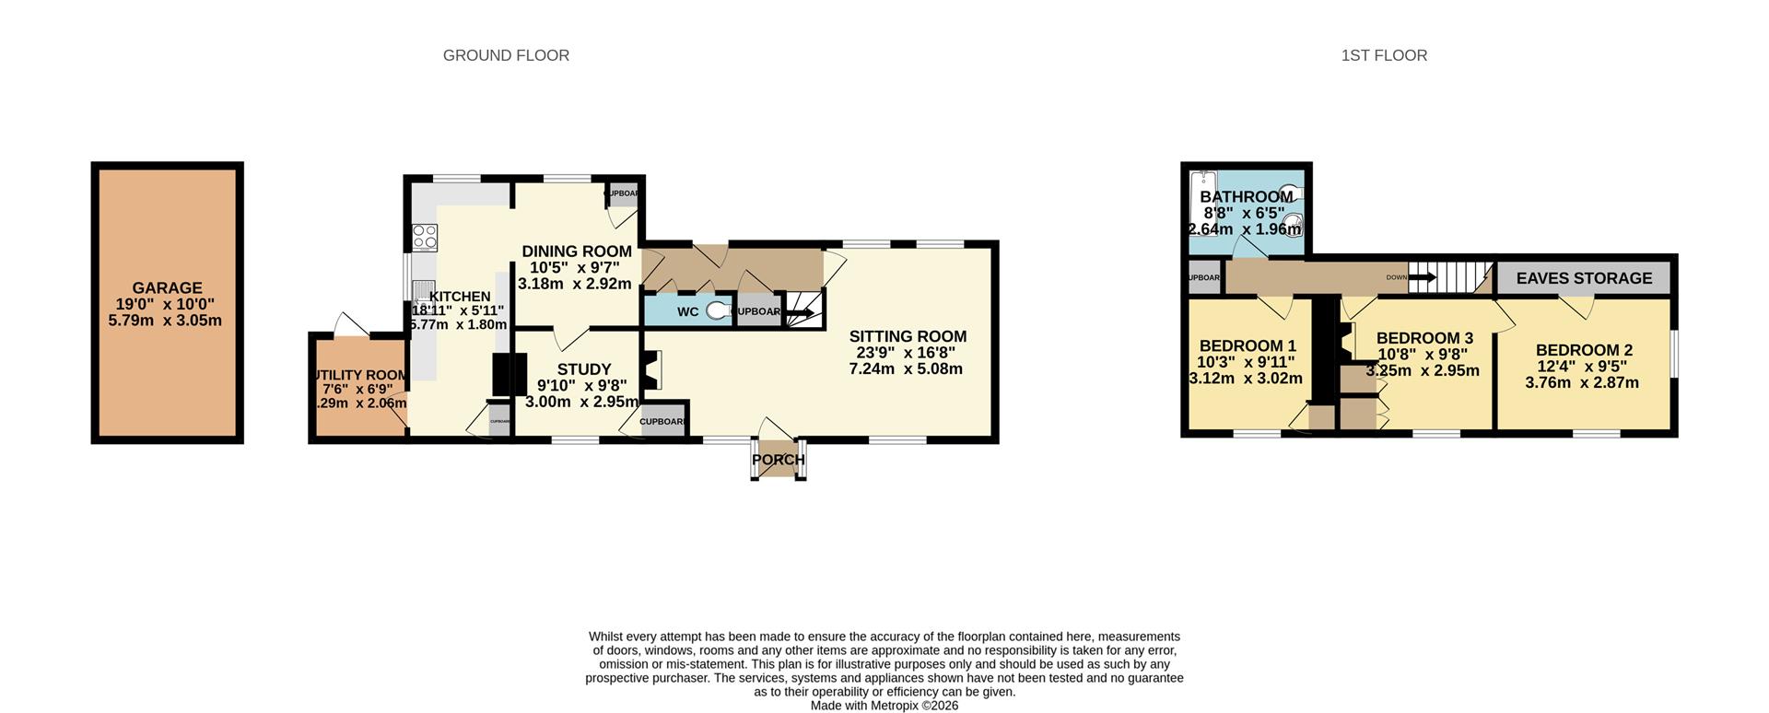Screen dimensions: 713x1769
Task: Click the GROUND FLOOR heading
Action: (506, 55)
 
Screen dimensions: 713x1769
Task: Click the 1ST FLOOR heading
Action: (1384, 55)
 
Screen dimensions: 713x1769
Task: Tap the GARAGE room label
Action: (167, 288)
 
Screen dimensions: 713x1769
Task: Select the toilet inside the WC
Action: (717, 311)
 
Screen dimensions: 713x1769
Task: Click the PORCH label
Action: (779, 460)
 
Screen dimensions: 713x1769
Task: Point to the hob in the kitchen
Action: (425, 237)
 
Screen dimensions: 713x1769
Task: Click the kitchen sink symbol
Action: (424, 295)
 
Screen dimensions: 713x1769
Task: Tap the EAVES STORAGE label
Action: (1584, 278)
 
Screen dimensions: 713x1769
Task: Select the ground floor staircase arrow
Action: (799, 313)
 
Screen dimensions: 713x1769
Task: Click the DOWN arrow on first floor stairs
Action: (1423, 276)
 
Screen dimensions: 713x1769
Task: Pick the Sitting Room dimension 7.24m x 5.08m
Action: (906, 369)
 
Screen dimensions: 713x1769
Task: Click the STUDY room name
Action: (583, 369)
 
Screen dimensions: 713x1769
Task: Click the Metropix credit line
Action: (884, 706)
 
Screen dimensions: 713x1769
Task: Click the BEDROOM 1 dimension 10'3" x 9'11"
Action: (1246, 362)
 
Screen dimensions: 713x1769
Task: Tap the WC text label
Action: (687, 311)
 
